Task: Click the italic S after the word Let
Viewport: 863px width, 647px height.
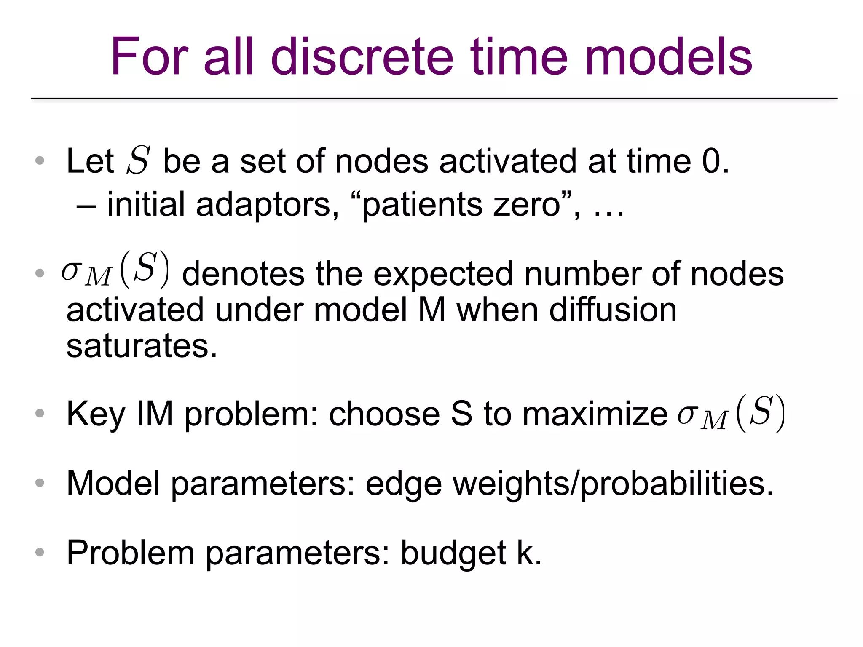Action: (x=138, y=160)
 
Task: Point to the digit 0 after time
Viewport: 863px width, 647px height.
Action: (x=711, y=161)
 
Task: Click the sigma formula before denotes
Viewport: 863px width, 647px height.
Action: (x=115, y=270)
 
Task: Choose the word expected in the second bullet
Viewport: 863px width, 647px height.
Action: (x=443, y=274)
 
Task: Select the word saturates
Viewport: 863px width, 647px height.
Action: (x=141, y=346)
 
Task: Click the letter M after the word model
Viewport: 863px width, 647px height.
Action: (x=431, y=310)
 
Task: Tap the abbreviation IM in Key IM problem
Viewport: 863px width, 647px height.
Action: (x=155, y=414)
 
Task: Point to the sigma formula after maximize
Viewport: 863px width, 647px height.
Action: (x=731, y=413)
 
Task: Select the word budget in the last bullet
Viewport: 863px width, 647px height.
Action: (x=453, y=553)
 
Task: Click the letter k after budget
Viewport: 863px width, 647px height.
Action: (x=525, y=553)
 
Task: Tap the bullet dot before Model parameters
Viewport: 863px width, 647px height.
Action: (x=40, y=483)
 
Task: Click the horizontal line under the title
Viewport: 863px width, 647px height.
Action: (x=434, y=98)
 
